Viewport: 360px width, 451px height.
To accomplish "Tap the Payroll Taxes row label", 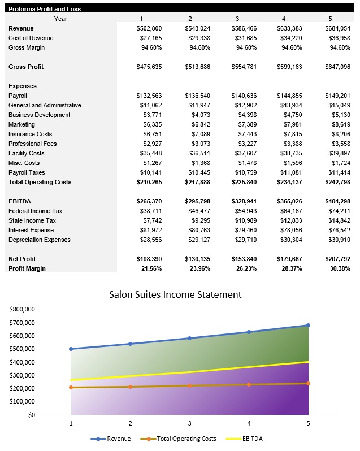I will [27, 172].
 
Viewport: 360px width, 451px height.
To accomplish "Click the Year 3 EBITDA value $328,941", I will [244, 201].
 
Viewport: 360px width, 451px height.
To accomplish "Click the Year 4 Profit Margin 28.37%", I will [290, 268].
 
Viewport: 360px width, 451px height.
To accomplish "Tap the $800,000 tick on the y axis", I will [22, 310].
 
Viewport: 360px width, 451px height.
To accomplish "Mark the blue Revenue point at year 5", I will [308, 325].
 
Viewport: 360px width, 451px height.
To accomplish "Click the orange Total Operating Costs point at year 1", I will [71, 387].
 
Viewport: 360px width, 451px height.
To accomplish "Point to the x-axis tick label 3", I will [189, 423].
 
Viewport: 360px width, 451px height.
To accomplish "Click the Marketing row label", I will [21, 124].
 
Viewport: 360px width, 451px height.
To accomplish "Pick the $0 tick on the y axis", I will [31, 415].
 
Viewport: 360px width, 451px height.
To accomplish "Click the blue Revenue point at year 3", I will [189, 338].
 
